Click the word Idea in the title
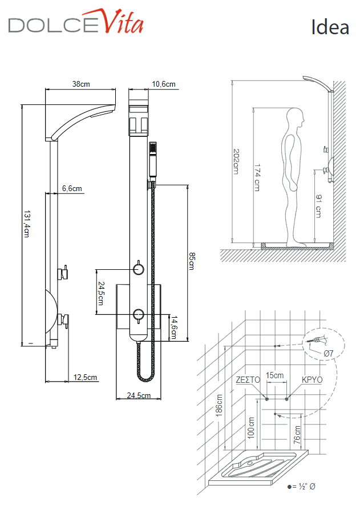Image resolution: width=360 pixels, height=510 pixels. [x=330, y=26]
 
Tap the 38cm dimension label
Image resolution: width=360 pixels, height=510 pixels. [x=81, y=84]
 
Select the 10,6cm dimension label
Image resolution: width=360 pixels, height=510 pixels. [x=164, y=84]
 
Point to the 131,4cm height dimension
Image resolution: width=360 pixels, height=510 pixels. [x=26, y=223]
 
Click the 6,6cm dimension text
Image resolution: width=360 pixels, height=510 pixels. [x=72, y=189]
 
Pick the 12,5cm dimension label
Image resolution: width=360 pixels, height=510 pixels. [x=86, y=377]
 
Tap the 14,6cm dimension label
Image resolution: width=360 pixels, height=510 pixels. [x=175, y=327]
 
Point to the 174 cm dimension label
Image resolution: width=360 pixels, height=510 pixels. [x=257, y=177]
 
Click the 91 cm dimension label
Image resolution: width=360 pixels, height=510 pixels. [x=318, y=206]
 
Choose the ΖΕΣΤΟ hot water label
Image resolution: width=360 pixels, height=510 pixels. [x=248, y=379]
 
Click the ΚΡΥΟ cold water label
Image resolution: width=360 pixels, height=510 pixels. [x=312, y=379]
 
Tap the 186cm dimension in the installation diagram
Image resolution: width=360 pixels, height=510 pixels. [x=219, y=406]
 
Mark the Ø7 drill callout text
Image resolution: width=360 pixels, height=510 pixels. [x=329, y=354]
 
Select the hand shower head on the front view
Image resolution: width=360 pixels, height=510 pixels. [x=152, y=149]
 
